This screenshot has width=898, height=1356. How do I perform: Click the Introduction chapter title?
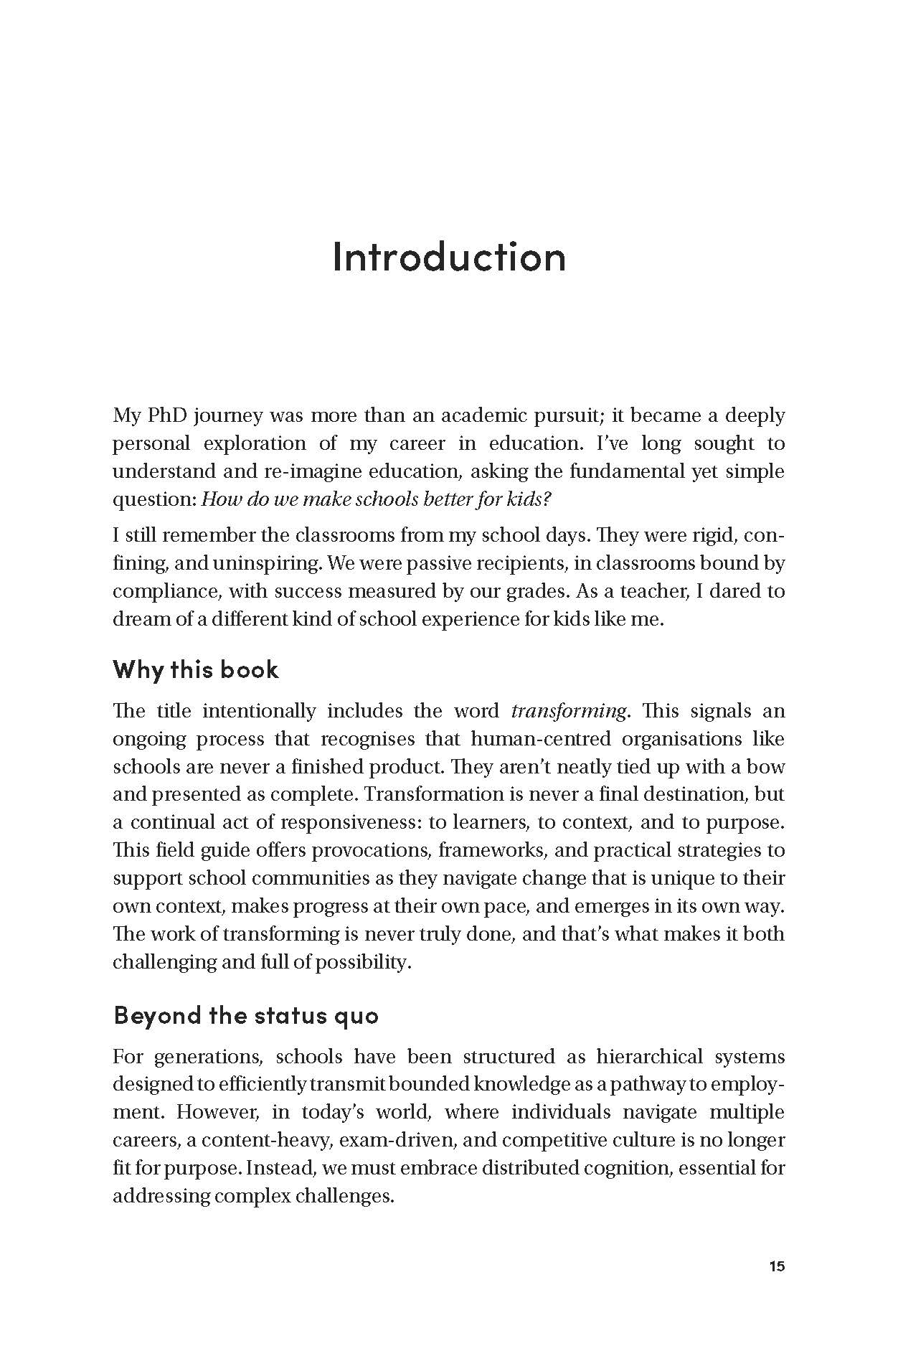[449, 256]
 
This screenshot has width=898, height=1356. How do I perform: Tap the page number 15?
[777, 1266]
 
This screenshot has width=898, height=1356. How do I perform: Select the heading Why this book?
[196, 669]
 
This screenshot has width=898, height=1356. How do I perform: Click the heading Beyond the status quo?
[246, 1015]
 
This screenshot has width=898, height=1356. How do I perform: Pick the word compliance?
[165, 592]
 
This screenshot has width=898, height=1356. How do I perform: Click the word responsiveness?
[341, 822]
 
